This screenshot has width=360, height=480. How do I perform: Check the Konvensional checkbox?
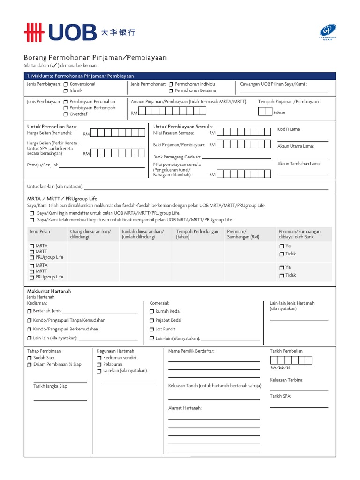66,84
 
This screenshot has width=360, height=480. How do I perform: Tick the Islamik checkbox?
66,90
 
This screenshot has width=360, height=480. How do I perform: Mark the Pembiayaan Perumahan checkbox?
66,102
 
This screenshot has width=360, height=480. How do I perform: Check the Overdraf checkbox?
66,114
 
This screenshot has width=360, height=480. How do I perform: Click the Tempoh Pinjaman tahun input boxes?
265,111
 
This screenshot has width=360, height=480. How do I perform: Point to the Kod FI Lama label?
289,129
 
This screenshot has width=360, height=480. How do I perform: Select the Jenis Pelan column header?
40,232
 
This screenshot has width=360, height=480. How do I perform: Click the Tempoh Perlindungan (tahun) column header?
197,234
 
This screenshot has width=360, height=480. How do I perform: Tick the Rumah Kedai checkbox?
152,311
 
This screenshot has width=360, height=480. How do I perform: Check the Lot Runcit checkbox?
152,330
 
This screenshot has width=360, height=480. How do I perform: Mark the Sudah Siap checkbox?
30,358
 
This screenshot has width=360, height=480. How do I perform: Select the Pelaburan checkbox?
99,364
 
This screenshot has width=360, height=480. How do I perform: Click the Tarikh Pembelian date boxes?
291,360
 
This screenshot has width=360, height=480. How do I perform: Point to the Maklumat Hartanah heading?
49,291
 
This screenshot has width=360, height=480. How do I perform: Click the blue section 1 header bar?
180,76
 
